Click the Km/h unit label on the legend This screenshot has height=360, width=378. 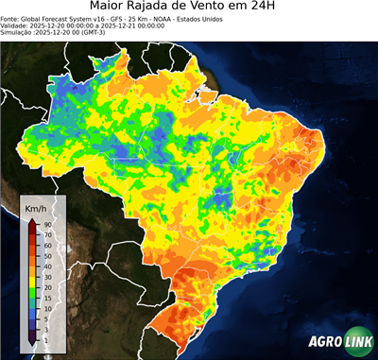[37, 206]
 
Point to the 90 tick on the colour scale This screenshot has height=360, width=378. [46, 224]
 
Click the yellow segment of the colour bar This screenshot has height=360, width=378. [32, 274]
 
